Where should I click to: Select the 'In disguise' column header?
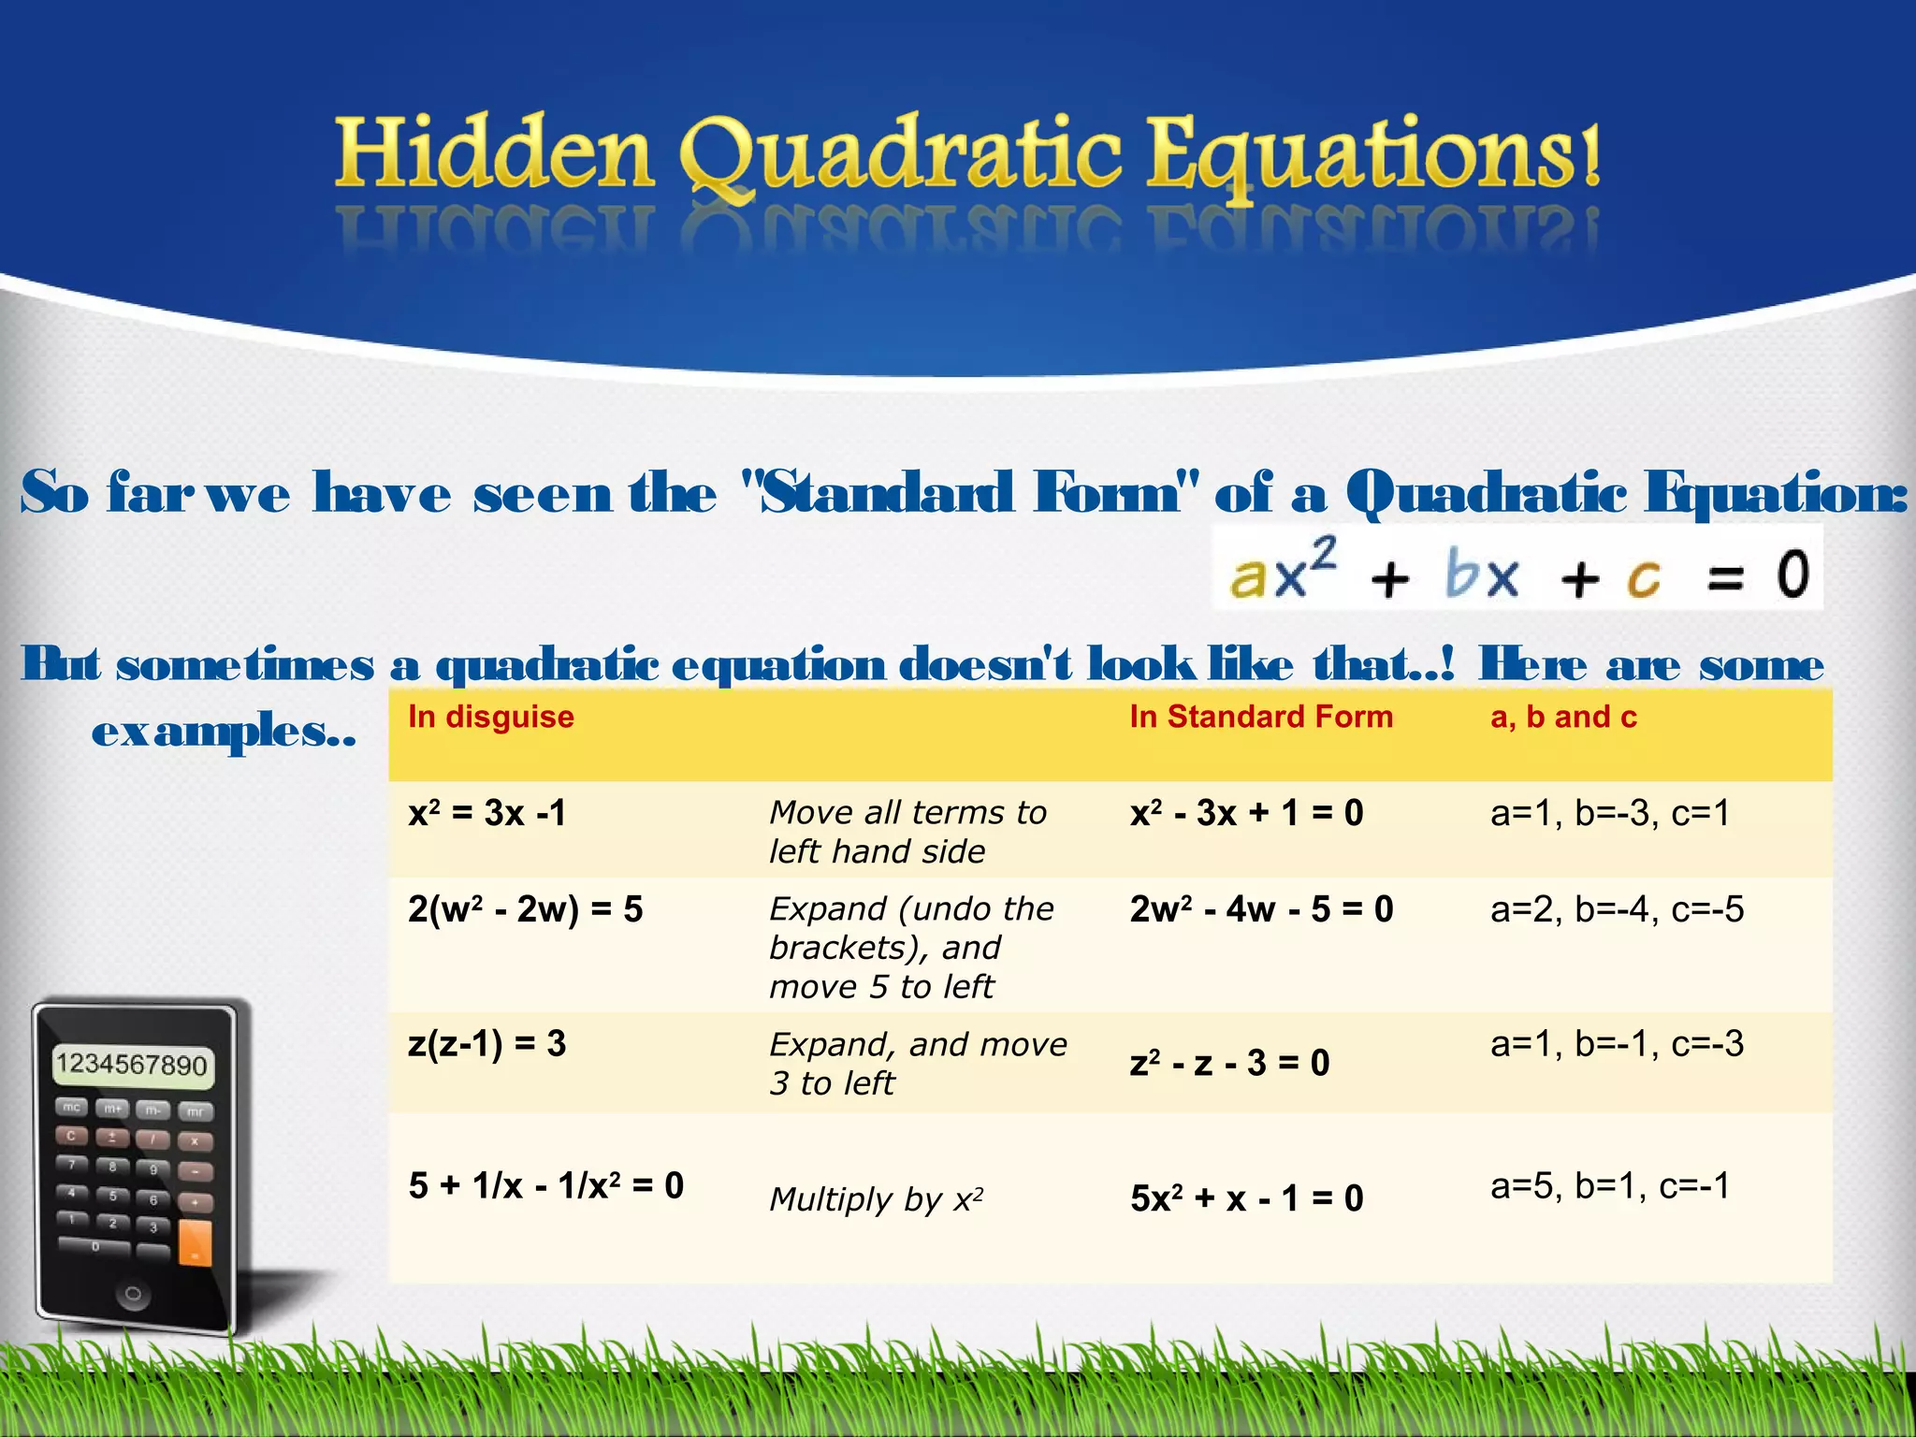point(490,717)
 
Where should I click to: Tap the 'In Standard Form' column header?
point(1260,717)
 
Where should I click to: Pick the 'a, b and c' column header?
point(1562,717)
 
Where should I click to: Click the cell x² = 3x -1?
point(487,813)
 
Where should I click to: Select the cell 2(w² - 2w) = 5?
point(525,909)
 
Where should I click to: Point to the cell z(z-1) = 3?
point(486,1043)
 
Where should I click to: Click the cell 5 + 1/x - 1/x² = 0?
point(545,1186)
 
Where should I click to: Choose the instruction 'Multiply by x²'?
point(875,1199)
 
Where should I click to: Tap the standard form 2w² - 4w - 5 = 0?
point(1260,909)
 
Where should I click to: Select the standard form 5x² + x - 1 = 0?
point(1246,1198)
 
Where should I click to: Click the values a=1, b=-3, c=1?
point(1609,813)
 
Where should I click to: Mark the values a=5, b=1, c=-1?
point(1609,1186)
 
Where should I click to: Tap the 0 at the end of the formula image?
point(1792,573)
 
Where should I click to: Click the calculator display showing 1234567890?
point(131,1065)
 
